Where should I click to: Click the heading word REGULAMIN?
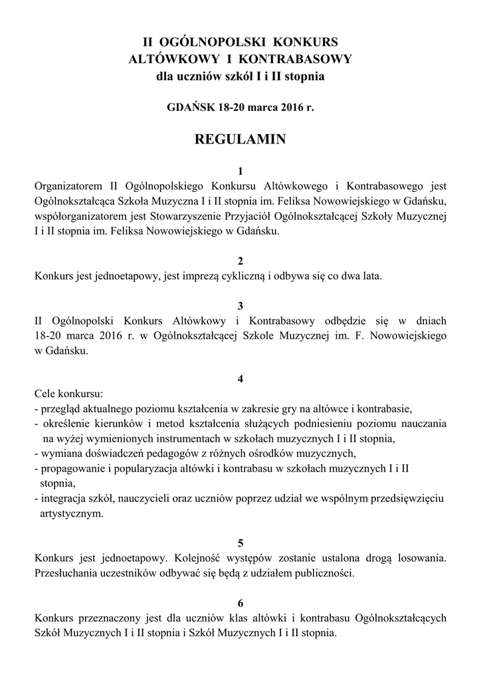click(x=240, y=139)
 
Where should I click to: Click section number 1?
click(x=240, y=171)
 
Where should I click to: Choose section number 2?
click(x=240, y=260)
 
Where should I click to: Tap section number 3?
click(x=240, y=305)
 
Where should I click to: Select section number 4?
click(x=240, y=379)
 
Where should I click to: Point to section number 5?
click(x=240, y=543)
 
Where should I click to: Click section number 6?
click(x=240, y=603)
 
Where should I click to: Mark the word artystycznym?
click(x=72, y=513)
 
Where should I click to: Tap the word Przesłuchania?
click(x=67, y=574)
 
